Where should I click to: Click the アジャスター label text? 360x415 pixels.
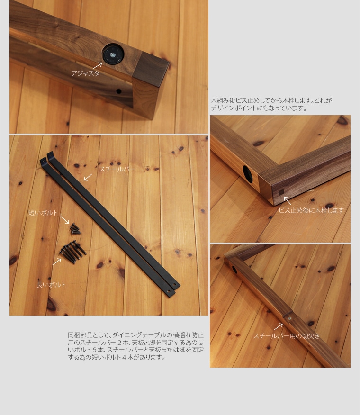click(89, 73)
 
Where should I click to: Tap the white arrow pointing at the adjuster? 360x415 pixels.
click(97, 65)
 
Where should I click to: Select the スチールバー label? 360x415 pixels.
click(117, 169)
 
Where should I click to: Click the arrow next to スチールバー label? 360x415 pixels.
click(88, 177)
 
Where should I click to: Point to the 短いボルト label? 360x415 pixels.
click(43, 213)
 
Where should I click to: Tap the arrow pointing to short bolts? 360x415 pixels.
click(64, 220)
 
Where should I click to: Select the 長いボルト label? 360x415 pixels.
click(51, 285)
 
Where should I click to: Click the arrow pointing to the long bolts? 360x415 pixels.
click(57, 261)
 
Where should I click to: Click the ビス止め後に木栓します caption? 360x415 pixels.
click(311, 210)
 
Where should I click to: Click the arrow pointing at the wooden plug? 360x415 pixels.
click(287, 200)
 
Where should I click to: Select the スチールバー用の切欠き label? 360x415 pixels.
click(287, 336)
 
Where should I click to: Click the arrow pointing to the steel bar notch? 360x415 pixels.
click(279, 326)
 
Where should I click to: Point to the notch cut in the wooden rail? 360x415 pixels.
click(288, 316)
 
